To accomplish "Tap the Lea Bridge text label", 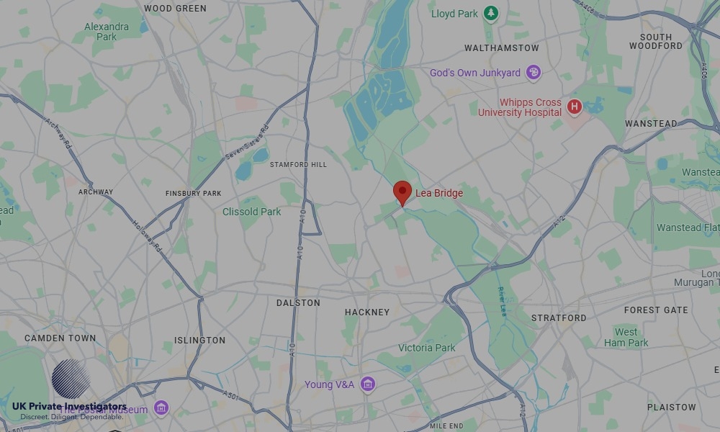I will click(x=439, y=193).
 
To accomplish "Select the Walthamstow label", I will click(x=502, y=48).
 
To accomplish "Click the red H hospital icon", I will click(x=574, y=107).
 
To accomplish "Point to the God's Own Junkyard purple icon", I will click(x=533, y=72).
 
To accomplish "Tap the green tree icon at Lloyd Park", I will click(x=491, y=13).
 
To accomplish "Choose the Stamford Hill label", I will click(x=298, y=165).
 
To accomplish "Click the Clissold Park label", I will click(x=252, y=212).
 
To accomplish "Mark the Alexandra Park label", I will click(x=107, y=32).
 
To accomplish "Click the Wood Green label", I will click(x=175, y=9).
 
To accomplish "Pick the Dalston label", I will click(x=298, y=303).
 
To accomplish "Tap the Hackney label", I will click(x=367, y=312).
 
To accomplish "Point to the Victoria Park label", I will click(x=427, y=348).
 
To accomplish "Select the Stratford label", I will click(x=559, y=318).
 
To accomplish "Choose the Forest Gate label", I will click(x=656, y=310).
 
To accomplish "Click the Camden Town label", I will click(x=60, y=338).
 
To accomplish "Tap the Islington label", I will click(x=200, y=341).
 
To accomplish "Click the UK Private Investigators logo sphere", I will click(x=71, y=379).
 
